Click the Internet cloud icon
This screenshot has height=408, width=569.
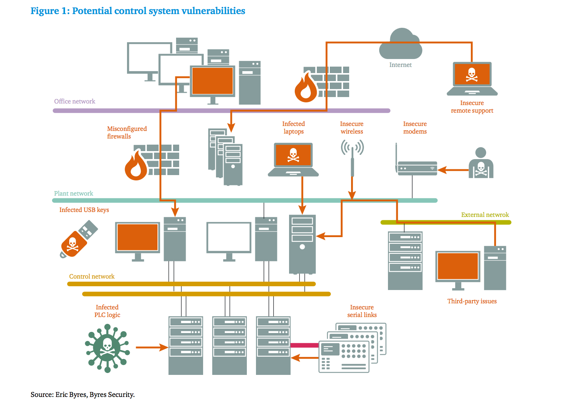[401, 45]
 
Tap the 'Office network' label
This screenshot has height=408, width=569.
[75, 101]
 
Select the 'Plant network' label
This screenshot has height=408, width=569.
[73, 193]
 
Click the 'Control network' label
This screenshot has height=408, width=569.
[92, 276]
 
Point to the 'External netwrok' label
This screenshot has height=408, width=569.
[485, 215]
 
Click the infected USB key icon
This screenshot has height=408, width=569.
[78, 240]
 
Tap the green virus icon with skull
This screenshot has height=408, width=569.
[107, 347]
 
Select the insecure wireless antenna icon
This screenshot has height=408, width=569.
[352, 156]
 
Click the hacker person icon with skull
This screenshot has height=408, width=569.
[481, 164]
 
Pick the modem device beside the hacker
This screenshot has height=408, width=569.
[417, 168]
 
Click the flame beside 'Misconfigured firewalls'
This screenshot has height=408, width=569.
[136, 166]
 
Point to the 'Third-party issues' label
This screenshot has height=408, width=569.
[472, 301]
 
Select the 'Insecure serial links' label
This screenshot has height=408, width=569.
[362, 311]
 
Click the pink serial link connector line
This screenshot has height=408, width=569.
[304, 345]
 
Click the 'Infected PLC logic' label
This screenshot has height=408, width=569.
[107, 311]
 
